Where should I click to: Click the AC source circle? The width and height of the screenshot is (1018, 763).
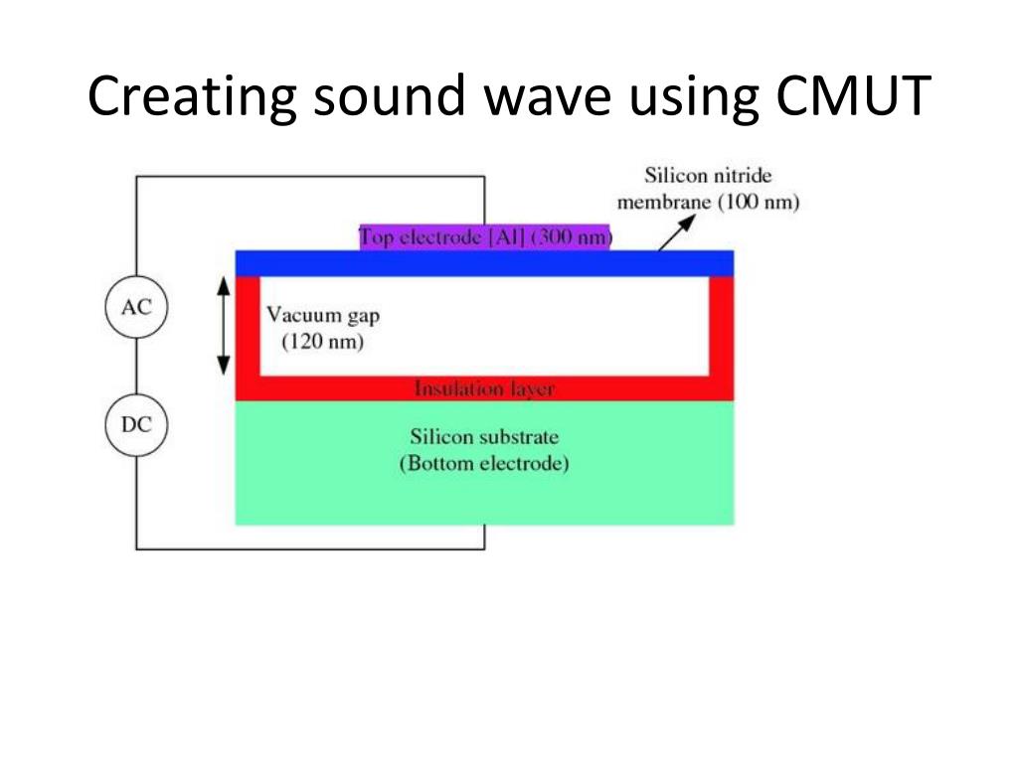[136, 307]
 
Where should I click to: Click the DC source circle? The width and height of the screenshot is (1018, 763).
[136, 425]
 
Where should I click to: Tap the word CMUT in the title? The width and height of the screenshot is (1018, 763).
[853, 96]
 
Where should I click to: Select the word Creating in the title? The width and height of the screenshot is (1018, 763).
[192, 97]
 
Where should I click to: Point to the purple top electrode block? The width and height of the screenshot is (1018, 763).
[485, 237]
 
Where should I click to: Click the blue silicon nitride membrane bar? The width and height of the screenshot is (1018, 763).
[484, 263]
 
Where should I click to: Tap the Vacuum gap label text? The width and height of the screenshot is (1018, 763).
[323, 315]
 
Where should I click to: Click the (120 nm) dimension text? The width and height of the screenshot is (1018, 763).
[323, 342]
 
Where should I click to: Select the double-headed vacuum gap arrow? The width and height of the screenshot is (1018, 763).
[224, 326]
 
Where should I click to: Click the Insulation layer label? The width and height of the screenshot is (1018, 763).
[484, 388]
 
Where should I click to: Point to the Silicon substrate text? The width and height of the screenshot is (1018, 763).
[484, 437]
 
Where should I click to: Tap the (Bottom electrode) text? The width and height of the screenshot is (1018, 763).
[484, 463]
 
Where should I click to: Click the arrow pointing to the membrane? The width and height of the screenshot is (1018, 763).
[676, 232]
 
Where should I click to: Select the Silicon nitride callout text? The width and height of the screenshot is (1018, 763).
[708, 175]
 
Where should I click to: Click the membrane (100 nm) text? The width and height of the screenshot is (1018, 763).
[708, 203]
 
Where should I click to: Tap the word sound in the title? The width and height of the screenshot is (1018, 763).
[390, 96]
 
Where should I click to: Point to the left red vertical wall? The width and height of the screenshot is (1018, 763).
[248, 326]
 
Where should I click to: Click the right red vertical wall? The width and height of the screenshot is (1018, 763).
[722, 326]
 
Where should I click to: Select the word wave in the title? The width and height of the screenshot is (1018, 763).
[548, 100]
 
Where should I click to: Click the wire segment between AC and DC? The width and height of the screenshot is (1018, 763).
[136, 366]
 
